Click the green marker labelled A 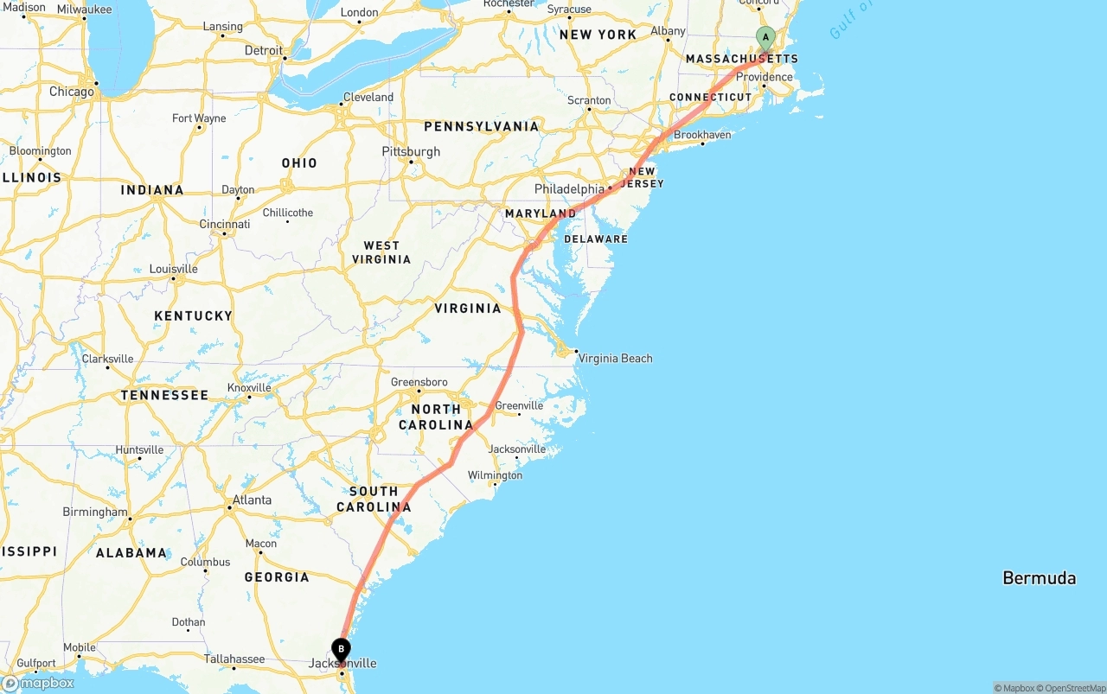(765, 38)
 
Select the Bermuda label (1039, 578)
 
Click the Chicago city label (71, 92)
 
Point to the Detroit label (263, 51)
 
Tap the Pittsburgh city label (411, 152)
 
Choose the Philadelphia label (569, 189)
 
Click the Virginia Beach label (615, 359)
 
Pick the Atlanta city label (252, 500)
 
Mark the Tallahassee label (234, 659)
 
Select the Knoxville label (249, 388)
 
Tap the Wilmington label (495, 475)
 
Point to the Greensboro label (419, 382)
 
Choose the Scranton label (589, 100)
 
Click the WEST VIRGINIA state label (381, 252)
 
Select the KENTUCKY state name (193, 316)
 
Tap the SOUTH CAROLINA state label (374, 499)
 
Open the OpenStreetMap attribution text (1071, 688)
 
